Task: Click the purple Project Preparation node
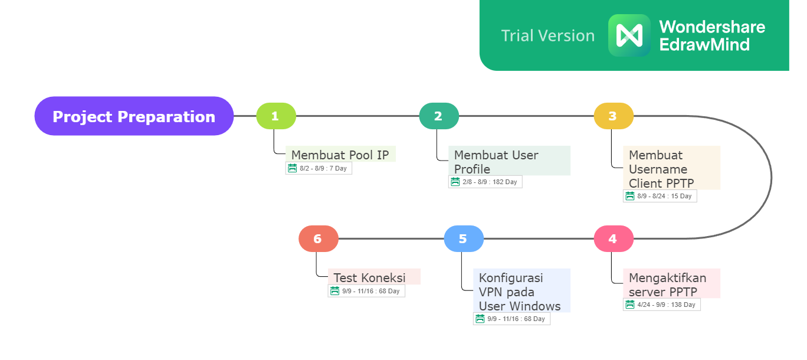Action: [134, 116]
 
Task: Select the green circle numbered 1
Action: [276, 116]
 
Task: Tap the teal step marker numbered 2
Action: [439, 116]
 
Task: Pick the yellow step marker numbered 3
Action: [614, 116]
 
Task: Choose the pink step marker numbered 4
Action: [614, 238]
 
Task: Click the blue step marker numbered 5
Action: [464, 238]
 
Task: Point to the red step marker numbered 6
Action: [319, 238]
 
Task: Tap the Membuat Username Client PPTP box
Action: [671, 168]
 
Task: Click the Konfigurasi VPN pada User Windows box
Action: [521, 290]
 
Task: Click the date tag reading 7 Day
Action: [319, 168]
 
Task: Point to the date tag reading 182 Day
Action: [485, 182]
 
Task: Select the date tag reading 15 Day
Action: [660, 196]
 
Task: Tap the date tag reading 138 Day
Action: [661, 305]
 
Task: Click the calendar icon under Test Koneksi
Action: [334, 291]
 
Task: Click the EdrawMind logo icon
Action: [629, 35]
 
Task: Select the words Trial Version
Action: [547, 35]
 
